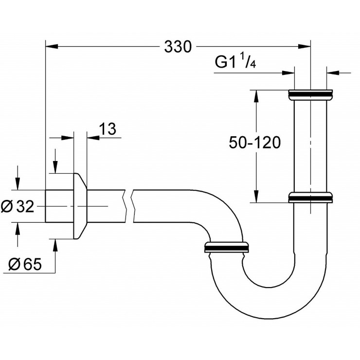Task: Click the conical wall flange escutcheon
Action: [80, 206]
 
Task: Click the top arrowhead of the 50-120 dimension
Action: [255, 95]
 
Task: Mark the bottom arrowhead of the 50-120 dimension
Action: [255, 197]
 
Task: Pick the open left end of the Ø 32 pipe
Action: [46, 206]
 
